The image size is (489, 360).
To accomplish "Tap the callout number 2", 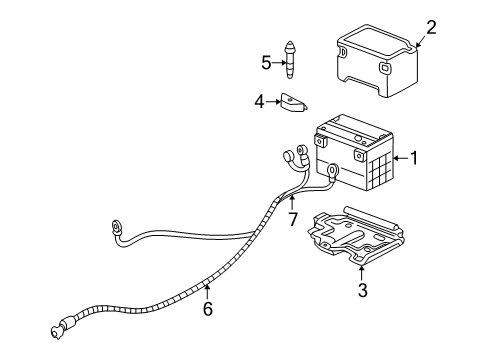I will [x=431, y=27].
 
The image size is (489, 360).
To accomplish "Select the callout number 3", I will [x=363, y=291].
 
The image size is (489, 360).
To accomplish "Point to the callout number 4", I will [x=259, y=100].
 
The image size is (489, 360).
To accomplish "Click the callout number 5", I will [x=267, y=62].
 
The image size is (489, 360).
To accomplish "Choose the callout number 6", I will [x=207, y=311].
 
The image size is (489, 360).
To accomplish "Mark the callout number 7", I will [x=293, y=218].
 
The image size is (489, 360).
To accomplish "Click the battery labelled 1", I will [x=355, y=155].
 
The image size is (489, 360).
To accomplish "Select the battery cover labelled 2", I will [x=375, y=65].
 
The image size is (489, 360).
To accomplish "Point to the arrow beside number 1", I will [x=399, y=157].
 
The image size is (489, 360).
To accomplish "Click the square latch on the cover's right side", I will [x=387, y=69].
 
